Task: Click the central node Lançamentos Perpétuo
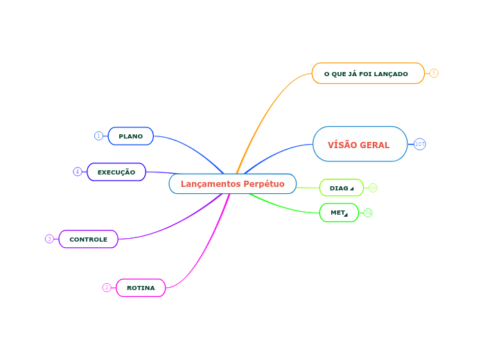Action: click(232, 183)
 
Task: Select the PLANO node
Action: click(130, 136)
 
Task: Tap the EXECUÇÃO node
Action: click(116, 172)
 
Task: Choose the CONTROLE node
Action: click(88, 239)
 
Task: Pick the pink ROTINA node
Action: click(141, 287)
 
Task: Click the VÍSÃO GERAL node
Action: click(360, 144)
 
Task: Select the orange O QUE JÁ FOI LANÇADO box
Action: click(367, 73)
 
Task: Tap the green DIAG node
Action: click(341, 188)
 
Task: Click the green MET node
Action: click(339, 213)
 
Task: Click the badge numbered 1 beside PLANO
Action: click(98, 136)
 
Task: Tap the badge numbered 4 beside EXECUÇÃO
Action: click(78, 171)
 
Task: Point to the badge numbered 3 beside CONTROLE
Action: click(49, 239)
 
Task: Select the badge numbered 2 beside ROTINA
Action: click(107, 287)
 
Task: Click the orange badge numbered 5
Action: click(434, 73)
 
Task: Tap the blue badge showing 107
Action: click(420, 144)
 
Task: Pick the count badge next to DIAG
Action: click(373, 188)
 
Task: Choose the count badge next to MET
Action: click(368, 213)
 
